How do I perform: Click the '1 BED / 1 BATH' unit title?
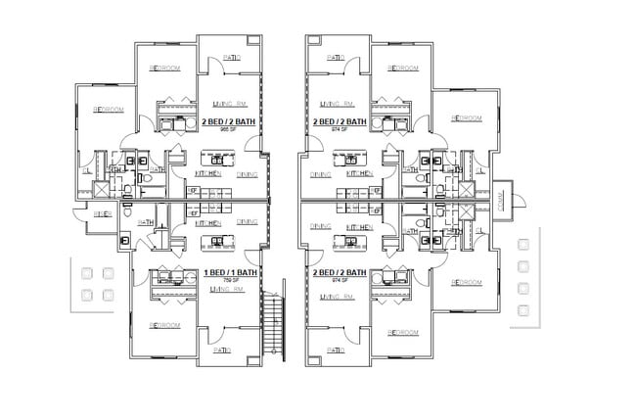[x=230, y=272]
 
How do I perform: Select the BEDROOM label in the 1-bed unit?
[x=164, y=324]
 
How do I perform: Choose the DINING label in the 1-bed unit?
[x=248, y=222]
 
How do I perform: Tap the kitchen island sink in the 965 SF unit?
[x=214, y=156]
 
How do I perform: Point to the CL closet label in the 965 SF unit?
[x=86, y=169]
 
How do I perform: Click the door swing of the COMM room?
[x=519, y=202]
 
